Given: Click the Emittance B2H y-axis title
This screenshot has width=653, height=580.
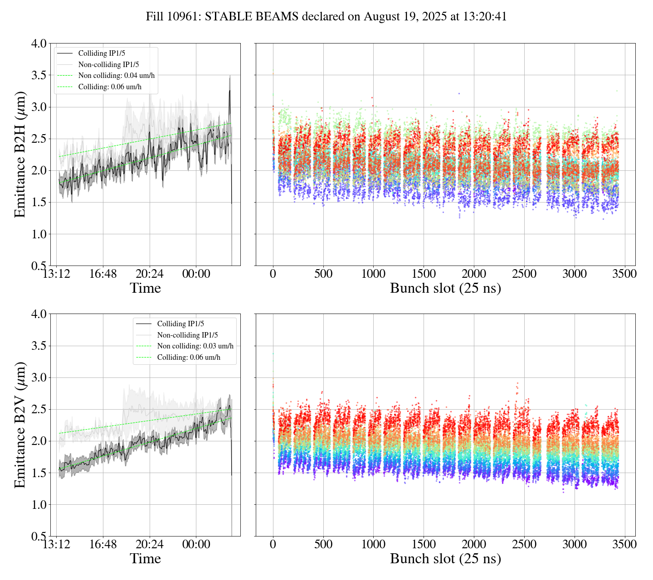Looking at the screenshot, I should click(20, 155).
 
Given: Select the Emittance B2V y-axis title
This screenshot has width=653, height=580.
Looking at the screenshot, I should click(20, 425).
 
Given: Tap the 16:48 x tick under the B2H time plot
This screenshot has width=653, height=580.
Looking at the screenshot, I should click(103, 274).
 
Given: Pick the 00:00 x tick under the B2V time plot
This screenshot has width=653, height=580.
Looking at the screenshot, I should click(196, 544).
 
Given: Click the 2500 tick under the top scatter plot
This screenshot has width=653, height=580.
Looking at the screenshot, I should click(524, 274).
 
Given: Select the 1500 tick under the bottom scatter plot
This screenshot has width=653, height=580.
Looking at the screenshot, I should click(424, 544).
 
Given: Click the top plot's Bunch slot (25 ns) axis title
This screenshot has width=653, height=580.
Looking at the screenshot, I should click(445, 288).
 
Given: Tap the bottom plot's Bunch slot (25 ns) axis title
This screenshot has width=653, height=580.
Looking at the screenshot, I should click(445, 559).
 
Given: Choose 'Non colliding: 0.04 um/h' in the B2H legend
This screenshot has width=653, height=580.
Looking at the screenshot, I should click(117, 76).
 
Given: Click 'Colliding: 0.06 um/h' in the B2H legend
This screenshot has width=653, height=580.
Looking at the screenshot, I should click(110, 87).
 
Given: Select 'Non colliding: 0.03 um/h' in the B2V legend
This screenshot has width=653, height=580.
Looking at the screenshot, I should click(195, 346).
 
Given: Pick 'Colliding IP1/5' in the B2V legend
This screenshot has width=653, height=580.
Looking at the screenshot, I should click(180, 324).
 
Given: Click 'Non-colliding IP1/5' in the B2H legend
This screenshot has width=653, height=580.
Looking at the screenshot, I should click(109, 64).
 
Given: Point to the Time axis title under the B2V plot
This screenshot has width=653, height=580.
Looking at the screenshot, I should click(146, 559).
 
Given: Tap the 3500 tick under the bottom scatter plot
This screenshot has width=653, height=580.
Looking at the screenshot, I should click(624, 544).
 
